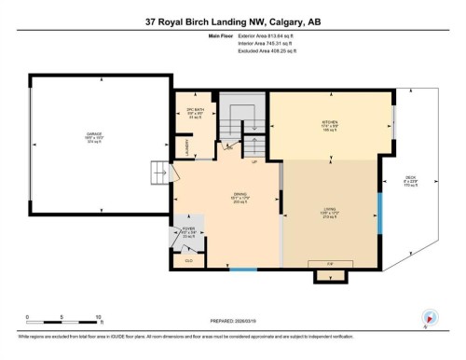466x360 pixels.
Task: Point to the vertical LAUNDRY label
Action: (x=186, y=146)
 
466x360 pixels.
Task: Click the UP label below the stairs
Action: (x=254, y=161)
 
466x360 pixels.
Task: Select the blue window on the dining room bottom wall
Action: (x=243, y=270)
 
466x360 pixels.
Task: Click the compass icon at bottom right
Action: (x=430, y=316)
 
